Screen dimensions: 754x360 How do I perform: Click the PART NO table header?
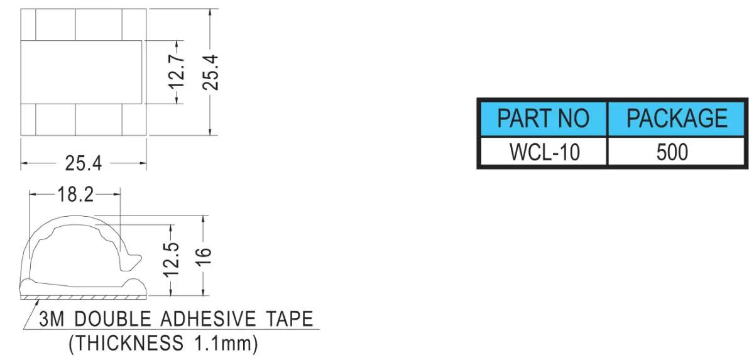coord(544,118)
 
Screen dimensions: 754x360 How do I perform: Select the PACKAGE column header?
coord(677,118)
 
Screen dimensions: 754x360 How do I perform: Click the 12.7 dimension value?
coord(177,72)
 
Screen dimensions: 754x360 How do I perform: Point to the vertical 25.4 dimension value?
coord(210,72)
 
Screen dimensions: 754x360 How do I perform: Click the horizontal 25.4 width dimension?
coord(83,163)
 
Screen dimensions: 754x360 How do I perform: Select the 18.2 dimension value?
coord(75,195)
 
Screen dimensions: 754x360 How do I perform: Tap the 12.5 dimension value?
coord(172,259)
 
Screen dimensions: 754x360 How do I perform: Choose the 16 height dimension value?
coord(204,258)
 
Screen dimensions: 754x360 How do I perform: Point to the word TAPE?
coord(290,319)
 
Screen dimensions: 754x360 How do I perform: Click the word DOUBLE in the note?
coord(112,319)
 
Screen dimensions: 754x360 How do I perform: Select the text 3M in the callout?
coord(52,319)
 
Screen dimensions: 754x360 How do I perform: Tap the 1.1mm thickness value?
coord(222,344)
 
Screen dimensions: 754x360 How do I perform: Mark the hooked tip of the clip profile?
coord(135,260)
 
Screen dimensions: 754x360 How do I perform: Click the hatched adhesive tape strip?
coord(83,297)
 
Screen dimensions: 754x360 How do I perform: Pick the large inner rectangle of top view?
coord(81,72)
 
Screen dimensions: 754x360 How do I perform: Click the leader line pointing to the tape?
coord(31,314)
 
